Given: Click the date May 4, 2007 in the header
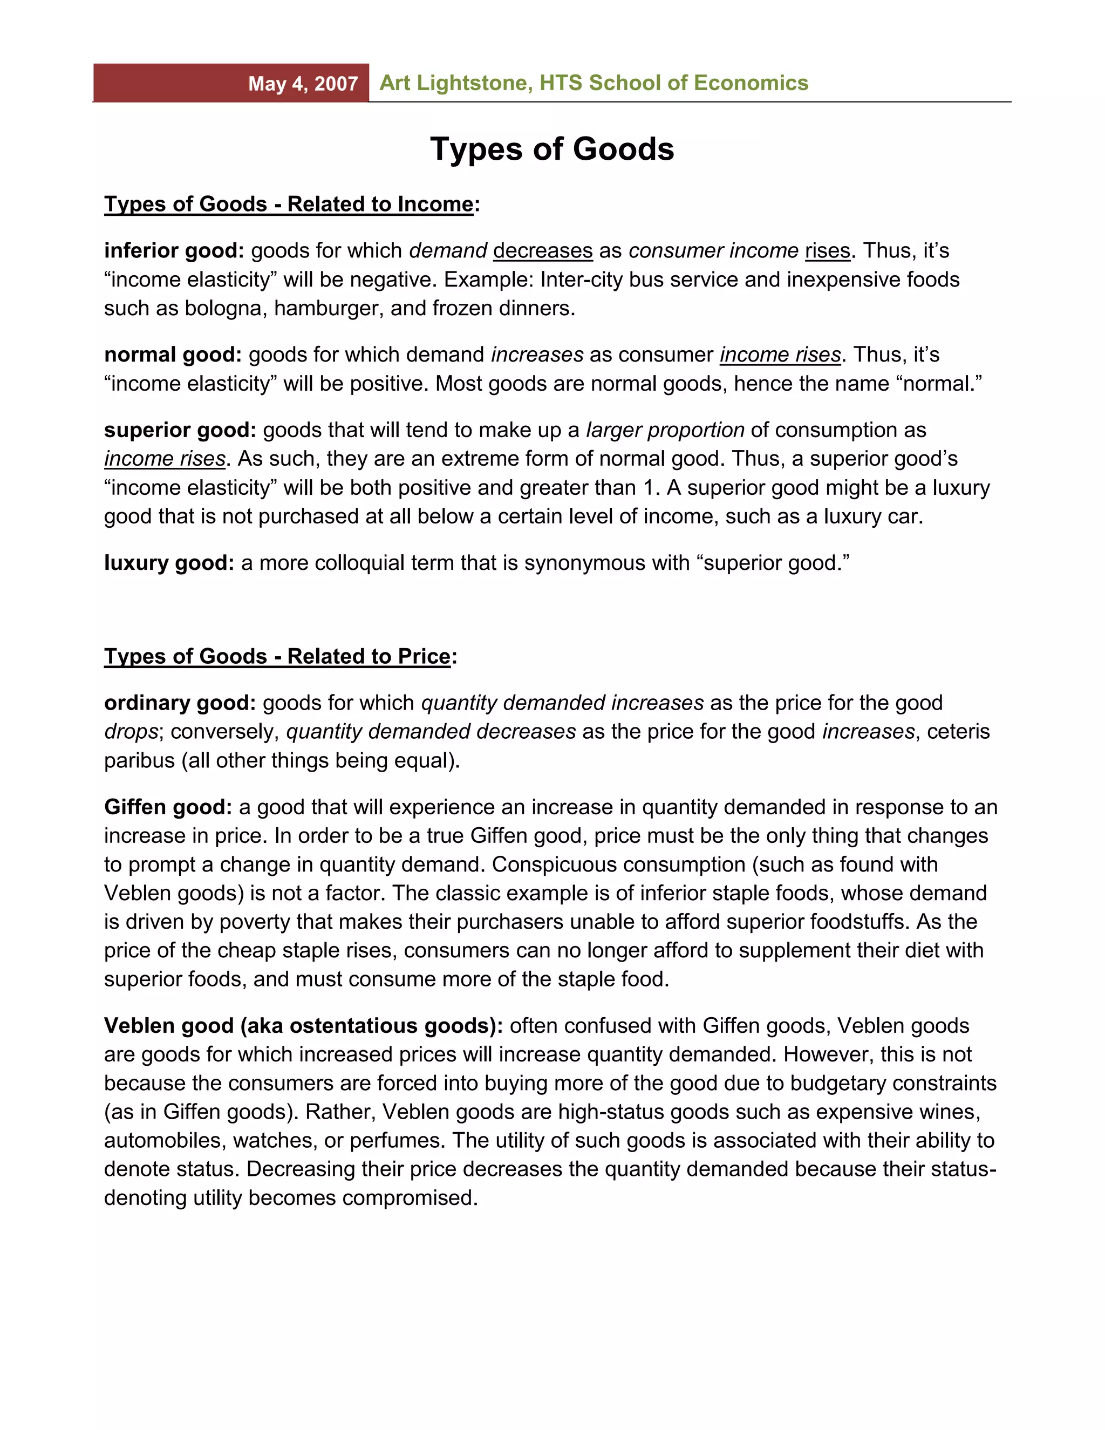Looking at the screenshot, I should tap(303, 84).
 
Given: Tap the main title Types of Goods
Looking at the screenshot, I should tap(552, 149).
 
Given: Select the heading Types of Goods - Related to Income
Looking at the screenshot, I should tap(289, 205).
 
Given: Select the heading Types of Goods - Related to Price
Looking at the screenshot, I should tap(277, 656).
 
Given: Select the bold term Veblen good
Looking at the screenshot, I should tap(169, 1025).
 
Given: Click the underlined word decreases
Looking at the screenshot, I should tap(543, 251).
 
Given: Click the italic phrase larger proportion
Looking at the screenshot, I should tap(665, 430).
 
